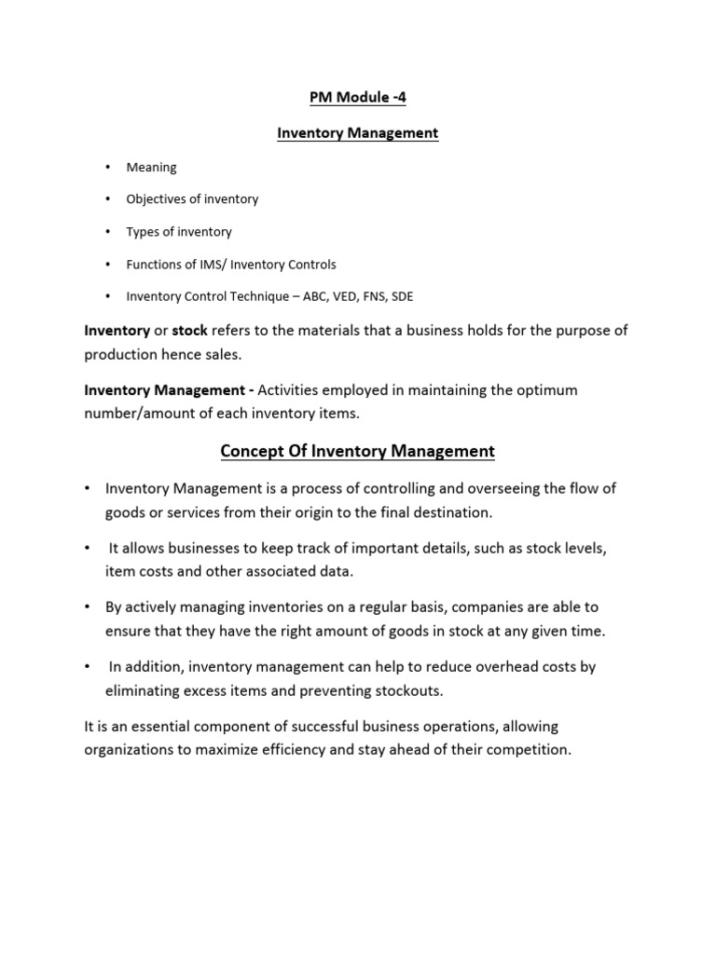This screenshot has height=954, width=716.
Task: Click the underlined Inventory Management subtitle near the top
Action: tap(357, 133)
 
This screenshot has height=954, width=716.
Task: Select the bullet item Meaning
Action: tap(151, 167)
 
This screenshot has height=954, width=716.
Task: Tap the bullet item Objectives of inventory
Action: tap(192, 199)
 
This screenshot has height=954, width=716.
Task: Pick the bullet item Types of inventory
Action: tap(179, 232)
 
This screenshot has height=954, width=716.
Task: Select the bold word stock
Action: tap(189, 330)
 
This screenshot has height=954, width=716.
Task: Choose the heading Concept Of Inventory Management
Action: tap(357, 452)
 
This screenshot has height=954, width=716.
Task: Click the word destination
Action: tap(451, 511)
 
